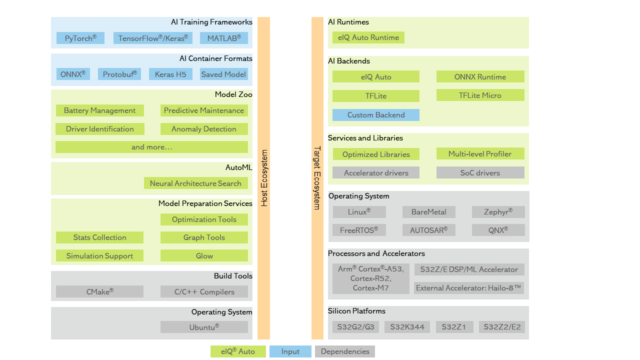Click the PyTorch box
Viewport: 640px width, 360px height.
point(80,38)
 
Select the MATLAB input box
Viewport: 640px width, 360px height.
point(224,38)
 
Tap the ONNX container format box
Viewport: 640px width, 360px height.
point(73,74)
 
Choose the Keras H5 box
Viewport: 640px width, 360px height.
point(170,74)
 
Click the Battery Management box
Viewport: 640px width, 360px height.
point(99,110)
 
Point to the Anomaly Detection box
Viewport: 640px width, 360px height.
point(204,129)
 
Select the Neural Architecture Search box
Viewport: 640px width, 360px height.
point(195,183)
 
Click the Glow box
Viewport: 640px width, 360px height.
point(204,255)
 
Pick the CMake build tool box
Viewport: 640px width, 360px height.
point(99,291)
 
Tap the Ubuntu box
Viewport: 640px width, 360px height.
point(204,327)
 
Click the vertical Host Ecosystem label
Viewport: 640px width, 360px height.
point(264,178)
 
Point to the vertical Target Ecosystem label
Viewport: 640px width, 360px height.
point(317,178)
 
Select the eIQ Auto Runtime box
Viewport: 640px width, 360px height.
point(368,37)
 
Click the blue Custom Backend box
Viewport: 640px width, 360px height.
point(376,114)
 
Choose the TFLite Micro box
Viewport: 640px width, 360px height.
point(480,95)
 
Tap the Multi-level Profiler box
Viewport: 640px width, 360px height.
point(480,153)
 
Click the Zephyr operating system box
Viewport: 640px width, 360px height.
point(498,212)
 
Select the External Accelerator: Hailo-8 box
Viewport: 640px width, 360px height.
point(468,288)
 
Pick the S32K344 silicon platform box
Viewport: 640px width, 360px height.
point(407,327)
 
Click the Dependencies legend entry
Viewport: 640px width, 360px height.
point(345,351)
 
